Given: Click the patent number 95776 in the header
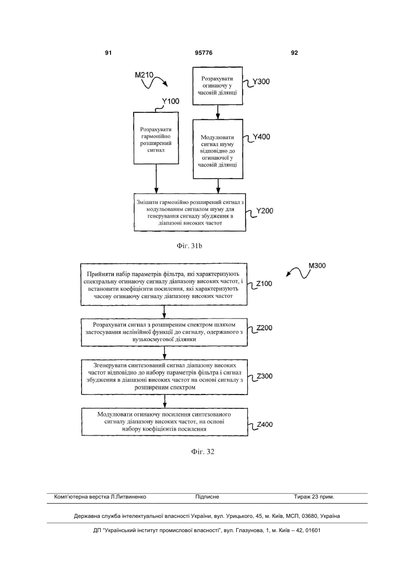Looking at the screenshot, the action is [x=204, y=53].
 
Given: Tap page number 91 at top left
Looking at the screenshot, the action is [x=108, y=53].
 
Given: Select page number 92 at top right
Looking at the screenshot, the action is [x=294, y=53].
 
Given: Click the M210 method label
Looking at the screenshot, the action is [x=144, y=75].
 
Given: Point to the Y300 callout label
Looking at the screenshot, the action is [x=261, y=81].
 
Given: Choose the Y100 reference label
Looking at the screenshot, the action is [x=170, y=101].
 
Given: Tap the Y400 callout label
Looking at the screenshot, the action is [x=261, y=137].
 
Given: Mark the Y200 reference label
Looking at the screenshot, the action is [x=264, y=211].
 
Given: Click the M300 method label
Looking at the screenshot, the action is [x=317, y=266].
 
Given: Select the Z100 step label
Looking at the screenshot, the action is [x=264, y=284].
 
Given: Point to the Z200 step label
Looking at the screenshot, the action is [x=264, y=328].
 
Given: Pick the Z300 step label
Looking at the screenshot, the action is [x=264, y=376].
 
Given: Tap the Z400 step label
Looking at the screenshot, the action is [x=265, y=424].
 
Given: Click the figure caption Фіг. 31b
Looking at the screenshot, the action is [x=189, y=246].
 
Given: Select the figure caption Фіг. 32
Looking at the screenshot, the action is [x=203, y=452].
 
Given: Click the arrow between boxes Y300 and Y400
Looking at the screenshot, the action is [x=218, y=112].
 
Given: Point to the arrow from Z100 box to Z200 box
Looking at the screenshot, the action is [x=164, y=312].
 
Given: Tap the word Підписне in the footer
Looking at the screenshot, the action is [x=207, y=497].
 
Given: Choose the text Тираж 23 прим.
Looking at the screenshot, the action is [x=314, y=497].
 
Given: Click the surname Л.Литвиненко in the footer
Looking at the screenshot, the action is [x=129, y=497].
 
